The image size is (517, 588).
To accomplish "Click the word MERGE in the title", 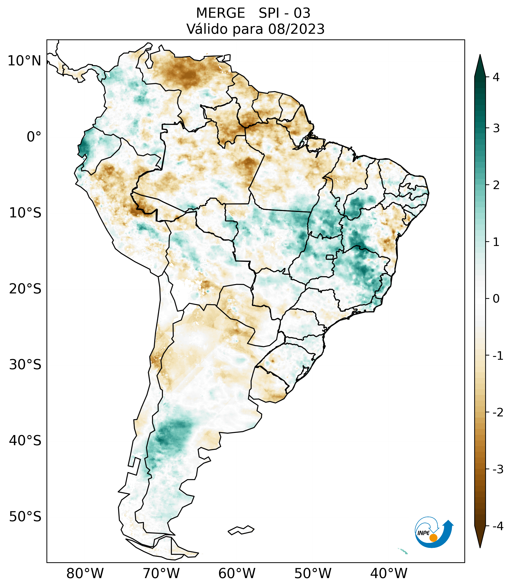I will pyautogui.click(x=221, y=13).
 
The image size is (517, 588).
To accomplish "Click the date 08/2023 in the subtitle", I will pyautogui.click(x=296, y=29).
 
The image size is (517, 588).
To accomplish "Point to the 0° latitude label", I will pyautogui.click(x=34, y=137).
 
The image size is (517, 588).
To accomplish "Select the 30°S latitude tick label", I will pyautogui.click(x=25, y=365).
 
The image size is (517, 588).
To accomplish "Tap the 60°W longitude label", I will pyautogui.click(x=237, y=573).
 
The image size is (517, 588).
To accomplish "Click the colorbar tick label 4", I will pyautogui.click(x=496, y=77).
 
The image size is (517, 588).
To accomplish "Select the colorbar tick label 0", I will pyautogui.click(x=496, y=299).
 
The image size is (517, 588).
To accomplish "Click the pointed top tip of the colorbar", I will pyautogui.click(x=480, y=55).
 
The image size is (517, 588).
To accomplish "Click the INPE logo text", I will pyautogui.click(x=423, y=533).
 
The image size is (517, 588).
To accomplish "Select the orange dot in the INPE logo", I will pyautogui.click(x=433, y=538).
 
